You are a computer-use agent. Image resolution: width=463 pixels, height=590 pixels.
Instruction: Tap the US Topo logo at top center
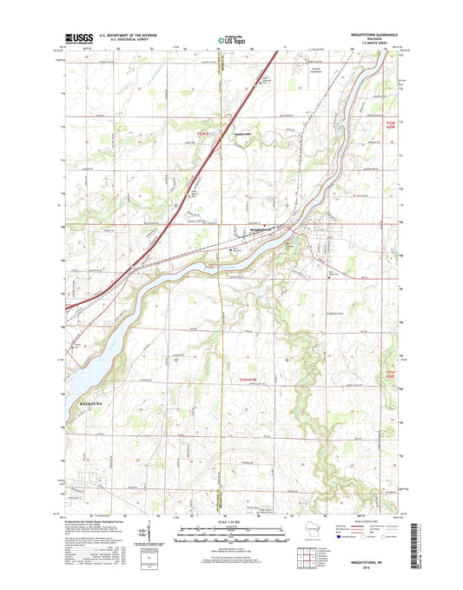pos(227,38)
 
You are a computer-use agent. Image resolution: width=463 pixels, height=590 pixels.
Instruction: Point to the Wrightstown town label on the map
pos(264,229)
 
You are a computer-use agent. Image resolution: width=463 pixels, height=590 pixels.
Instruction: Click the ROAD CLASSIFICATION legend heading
pos(371,520)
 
